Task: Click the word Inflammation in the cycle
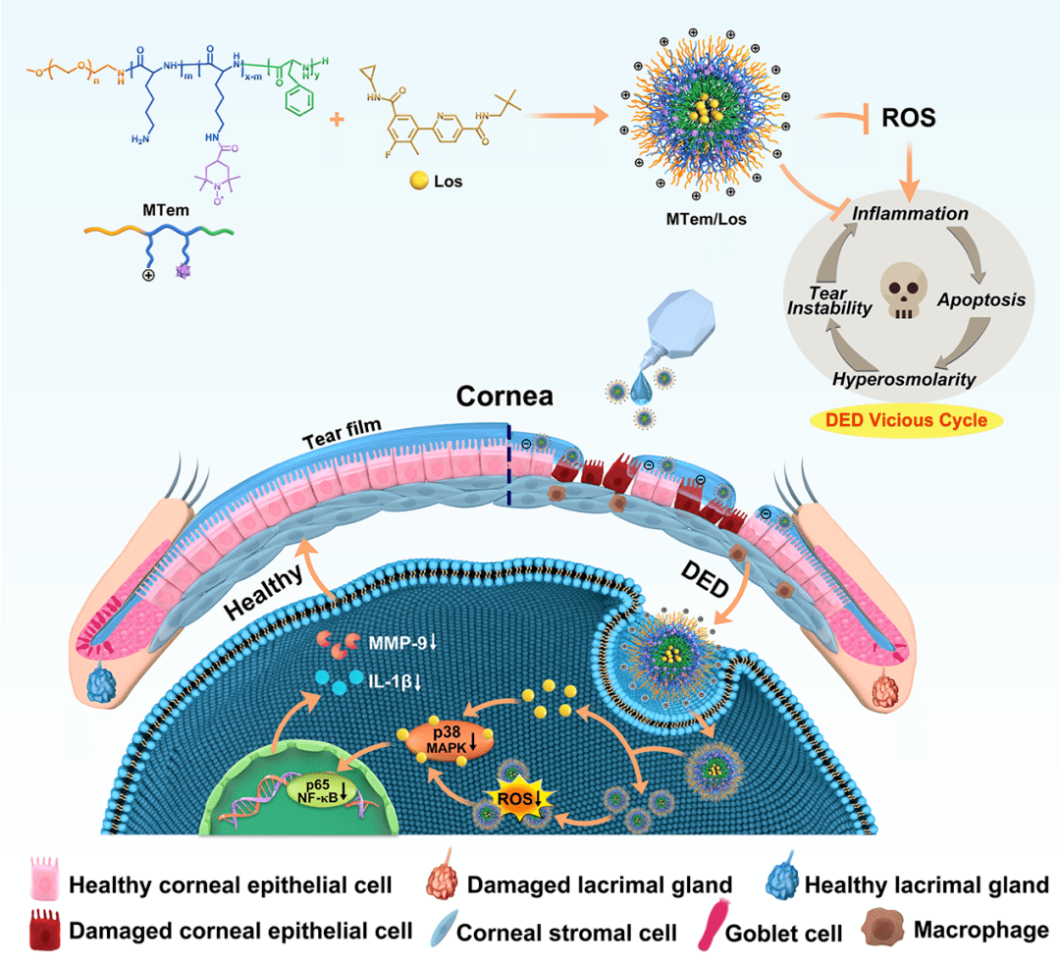[910, 214]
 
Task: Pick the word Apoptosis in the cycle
[979, 300]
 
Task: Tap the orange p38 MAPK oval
[442, 738]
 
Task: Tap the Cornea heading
[503, 397]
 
